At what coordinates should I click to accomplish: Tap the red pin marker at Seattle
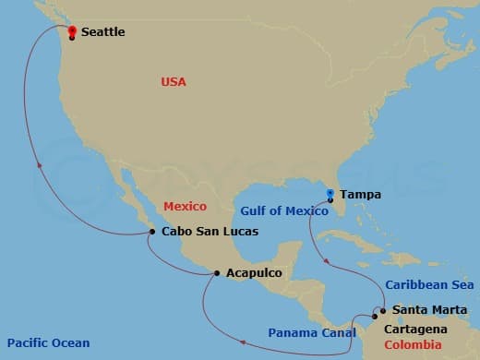click(72, 30)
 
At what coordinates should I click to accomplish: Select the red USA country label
click(174, 82)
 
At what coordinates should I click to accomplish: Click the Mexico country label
click(185, 206)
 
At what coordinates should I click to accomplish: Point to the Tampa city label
click(360, 195)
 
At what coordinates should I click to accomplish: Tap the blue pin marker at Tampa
click(330, 194)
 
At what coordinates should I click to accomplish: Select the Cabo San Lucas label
click(210, 232)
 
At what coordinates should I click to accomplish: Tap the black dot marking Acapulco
click(216, 272)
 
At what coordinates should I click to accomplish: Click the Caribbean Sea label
click(429, 285)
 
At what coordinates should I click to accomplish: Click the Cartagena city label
click(418, 329)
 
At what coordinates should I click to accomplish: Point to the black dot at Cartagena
click(374, 316)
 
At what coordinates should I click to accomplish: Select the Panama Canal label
click(311, 332)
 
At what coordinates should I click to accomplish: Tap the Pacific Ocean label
click(45, 343)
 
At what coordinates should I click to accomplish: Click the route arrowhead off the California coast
click(40, 165)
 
